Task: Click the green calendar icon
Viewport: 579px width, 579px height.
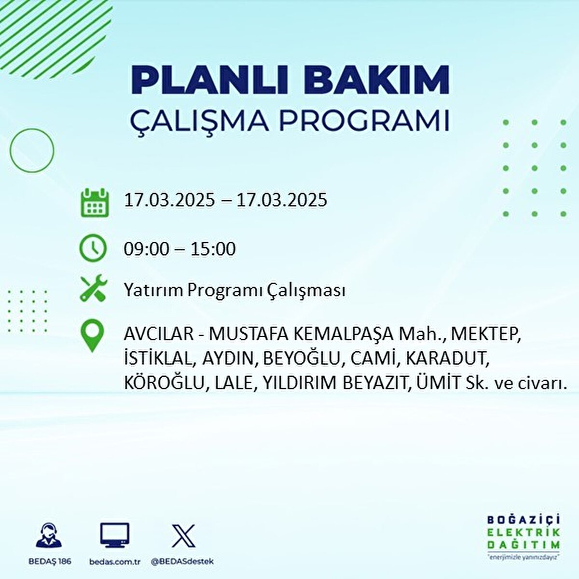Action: coord(95,202)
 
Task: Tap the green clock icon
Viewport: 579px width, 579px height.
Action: coord(93,248)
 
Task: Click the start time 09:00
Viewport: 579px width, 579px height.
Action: coord(146,249)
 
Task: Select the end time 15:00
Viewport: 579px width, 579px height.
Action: coord(213,249)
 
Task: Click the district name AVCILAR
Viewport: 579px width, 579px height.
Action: coord(159,334)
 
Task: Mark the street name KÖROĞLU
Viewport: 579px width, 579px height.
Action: coord(164,384)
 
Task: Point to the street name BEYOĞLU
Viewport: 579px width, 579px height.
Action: coord(303,359)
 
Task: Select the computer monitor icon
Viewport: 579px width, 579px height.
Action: coord(114,535)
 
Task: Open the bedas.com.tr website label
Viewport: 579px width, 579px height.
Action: coord(115,562)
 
